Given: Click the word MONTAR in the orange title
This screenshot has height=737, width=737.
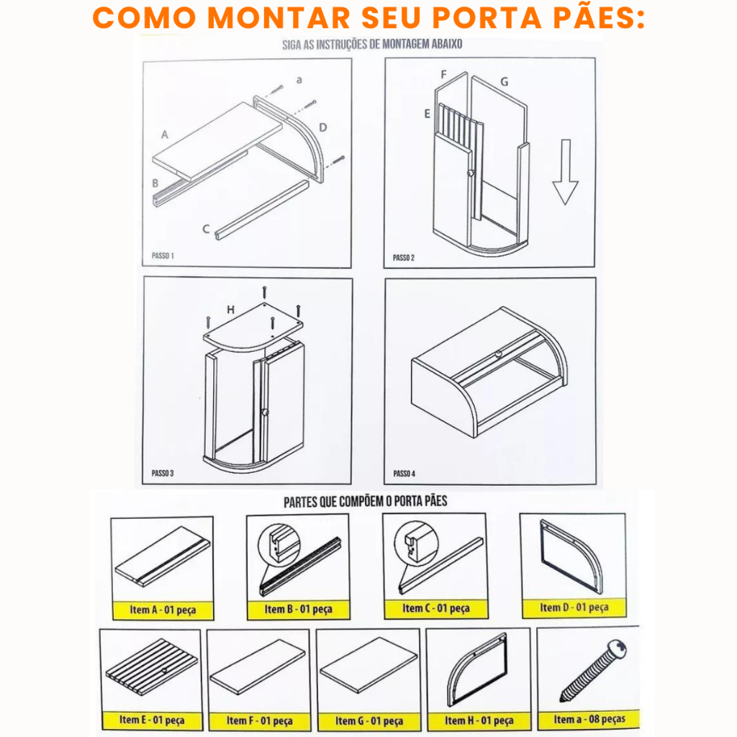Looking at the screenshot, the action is (279, 18).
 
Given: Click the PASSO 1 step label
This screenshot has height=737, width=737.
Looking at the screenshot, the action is (163, 256).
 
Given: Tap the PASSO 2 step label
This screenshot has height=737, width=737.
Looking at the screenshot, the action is (404, 258).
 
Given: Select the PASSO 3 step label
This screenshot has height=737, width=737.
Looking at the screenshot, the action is (163, 473).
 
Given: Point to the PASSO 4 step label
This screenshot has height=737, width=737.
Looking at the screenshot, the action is (404, 474).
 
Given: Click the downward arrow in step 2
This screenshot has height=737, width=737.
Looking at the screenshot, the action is (566, 172).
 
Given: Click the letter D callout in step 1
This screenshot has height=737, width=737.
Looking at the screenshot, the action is (323, 127).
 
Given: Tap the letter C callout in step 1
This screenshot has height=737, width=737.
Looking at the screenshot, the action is (206, 229).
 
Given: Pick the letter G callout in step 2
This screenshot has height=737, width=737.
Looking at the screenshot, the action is (505, 82).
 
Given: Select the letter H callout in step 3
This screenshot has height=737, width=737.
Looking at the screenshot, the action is (230, 309).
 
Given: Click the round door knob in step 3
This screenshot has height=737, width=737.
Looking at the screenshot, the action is (265, 412).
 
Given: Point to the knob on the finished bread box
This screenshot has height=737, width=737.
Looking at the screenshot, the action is (498, 354).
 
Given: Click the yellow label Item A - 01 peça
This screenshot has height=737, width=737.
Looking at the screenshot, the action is (163, 610).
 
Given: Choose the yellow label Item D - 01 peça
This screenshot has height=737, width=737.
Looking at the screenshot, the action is (574, 607).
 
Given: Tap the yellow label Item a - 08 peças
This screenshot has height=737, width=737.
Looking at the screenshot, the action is (589, 719).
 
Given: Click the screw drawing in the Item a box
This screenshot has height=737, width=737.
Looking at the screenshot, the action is (594, 670).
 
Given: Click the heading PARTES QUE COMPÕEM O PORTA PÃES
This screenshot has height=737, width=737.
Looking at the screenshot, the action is (365, 502).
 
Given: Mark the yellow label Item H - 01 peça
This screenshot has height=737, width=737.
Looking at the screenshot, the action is (479, 720).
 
